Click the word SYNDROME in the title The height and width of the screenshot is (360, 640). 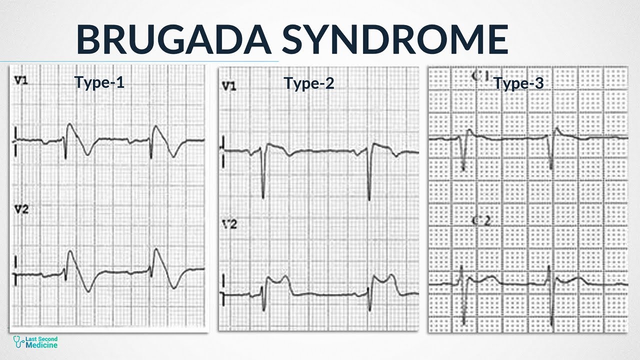[395, 40]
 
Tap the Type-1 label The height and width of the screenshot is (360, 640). [99, 82]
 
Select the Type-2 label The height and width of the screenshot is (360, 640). [308, 83]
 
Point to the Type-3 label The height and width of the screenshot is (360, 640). [518, 83]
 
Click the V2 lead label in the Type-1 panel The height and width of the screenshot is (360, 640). [21, 210]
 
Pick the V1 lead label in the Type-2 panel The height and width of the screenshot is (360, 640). [229, 86]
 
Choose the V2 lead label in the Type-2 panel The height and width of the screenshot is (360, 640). [229, 225]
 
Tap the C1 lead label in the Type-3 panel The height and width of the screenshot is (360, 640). [480, 76]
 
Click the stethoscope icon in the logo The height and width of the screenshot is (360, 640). [19, 342]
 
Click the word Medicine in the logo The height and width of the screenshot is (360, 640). [43, 345]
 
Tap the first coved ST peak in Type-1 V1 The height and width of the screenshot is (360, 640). [69, 125]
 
